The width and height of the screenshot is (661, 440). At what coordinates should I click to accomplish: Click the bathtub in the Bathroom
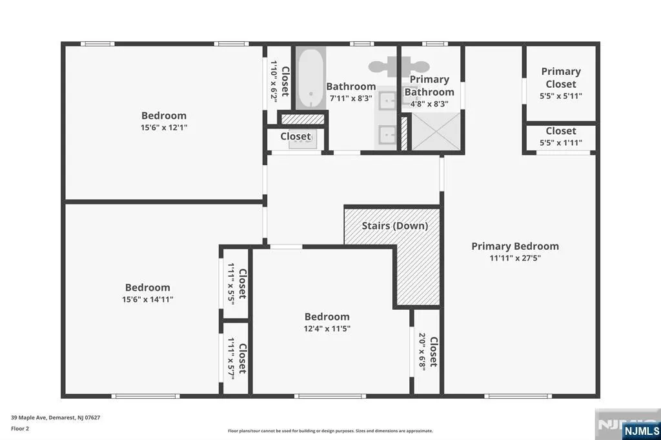310,79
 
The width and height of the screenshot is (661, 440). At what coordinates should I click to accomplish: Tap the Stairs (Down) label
395,226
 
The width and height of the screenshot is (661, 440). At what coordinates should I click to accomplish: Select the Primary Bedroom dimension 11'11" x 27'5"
515,258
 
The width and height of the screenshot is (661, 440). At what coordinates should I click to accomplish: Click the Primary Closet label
561,77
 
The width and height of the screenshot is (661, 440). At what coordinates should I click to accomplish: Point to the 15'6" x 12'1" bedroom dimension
164,127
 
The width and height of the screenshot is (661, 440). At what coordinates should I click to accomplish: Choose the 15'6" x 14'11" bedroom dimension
148,299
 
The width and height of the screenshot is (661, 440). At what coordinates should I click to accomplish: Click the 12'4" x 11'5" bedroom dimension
327,329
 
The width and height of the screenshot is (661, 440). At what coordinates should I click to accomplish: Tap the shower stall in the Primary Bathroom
436,131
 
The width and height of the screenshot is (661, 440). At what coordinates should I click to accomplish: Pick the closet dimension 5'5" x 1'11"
561,143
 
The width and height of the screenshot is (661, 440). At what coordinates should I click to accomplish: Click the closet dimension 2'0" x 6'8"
422,352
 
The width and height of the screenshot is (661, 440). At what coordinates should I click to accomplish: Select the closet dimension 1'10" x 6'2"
274,81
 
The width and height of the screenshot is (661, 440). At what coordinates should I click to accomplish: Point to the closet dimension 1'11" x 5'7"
232,358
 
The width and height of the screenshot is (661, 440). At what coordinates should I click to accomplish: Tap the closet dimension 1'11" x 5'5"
232,283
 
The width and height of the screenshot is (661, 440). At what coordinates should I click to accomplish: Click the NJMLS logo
641,431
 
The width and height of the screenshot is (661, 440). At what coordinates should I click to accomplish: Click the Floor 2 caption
20,428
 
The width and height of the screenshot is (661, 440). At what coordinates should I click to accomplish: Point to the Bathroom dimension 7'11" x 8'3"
351,99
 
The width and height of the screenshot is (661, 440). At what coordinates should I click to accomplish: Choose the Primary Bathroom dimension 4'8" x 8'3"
429,104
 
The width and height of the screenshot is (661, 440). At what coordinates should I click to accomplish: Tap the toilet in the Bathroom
381,67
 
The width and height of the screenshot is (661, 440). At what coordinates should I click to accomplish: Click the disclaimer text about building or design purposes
330,431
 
